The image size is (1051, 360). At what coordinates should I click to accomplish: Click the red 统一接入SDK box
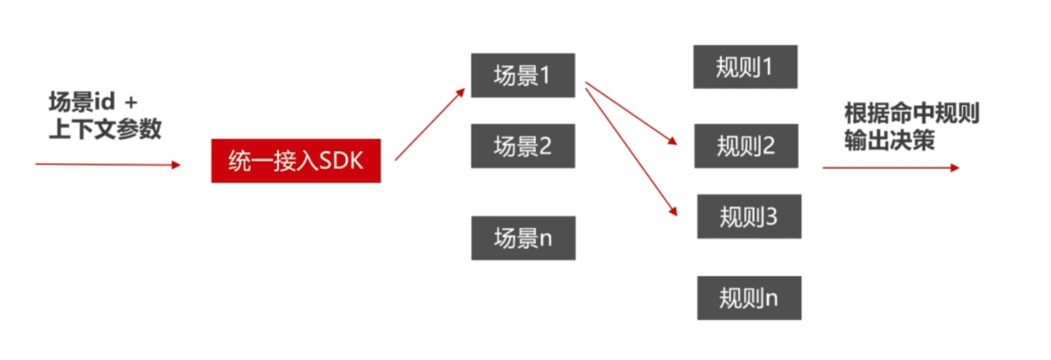coord(295,161)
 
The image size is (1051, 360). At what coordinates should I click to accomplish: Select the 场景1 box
coord(522,75)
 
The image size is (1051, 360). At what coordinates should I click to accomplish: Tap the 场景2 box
coord(522,146)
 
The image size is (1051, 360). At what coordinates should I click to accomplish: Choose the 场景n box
coord(523,238)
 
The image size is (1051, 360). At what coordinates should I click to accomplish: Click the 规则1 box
coord(745,67)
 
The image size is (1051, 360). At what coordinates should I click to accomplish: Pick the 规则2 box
coord(746,146)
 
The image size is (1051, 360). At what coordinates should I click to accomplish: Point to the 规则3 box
coord(749,216)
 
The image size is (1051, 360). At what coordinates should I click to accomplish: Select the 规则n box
coord(749,298)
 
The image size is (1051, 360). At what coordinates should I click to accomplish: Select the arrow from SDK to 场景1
coord(429,125)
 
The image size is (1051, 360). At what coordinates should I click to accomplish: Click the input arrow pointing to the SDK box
coord(107,165)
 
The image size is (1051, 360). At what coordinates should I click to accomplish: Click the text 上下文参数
coord(105,129)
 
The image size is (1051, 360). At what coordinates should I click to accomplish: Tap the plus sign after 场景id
coord(131,102)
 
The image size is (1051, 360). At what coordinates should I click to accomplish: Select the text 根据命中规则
coord(911,114)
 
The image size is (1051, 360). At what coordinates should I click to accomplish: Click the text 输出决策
coord(889,140)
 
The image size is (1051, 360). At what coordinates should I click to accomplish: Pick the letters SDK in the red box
coord(341,161)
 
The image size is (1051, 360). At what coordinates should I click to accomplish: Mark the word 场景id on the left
coord(82,102)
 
